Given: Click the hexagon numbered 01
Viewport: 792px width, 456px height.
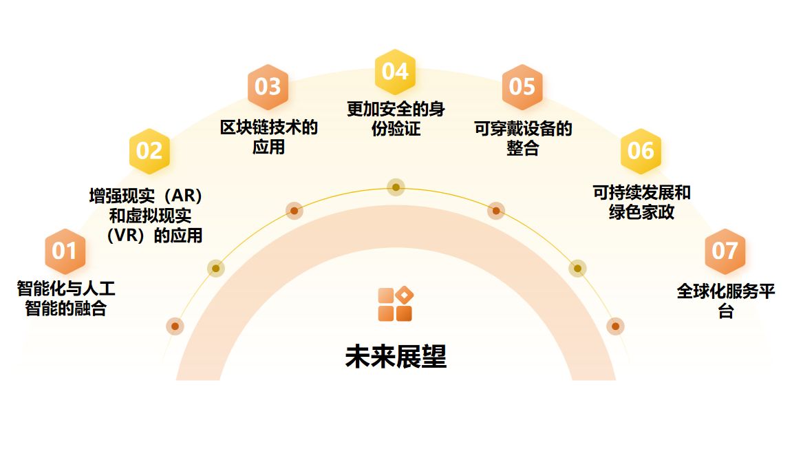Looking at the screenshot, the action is [65, 251].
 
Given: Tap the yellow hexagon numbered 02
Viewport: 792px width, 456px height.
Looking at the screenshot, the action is [149, 151].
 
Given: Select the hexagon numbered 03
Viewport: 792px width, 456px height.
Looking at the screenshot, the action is [268, 87].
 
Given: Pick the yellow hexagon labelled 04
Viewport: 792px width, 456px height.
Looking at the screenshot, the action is [395, 72].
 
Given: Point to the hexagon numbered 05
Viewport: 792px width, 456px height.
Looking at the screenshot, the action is [522, 87].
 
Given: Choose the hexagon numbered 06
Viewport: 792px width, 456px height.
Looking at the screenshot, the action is [641, 151].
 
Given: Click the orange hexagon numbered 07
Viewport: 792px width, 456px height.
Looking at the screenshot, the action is [725, 251].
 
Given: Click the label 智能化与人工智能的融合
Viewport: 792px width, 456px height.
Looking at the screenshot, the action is [66, 298].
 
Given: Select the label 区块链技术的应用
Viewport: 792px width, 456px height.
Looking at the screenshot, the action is [268, 137].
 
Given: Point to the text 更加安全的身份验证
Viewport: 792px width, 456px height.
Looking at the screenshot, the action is [396, 118].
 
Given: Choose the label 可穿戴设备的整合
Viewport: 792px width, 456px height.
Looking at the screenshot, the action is [523, 138].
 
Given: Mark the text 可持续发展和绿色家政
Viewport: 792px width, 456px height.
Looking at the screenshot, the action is [641, 203].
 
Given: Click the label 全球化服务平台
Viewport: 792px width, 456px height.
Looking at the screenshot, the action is [726, 301].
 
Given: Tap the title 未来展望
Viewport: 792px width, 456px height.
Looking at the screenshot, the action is [396, 357].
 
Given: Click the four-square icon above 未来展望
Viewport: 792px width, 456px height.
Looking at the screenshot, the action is [395, 304].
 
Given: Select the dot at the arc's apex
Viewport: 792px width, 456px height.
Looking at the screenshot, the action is [396, 187].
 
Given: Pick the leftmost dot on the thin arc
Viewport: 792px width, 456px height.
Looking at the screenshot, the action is [175, 326].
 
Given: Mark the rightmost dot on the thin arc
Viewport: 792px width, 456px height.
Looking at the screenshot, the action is [615, 326].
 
